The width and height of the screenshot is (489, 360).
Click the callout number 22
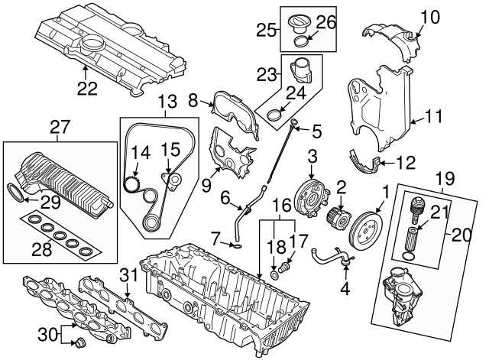87,89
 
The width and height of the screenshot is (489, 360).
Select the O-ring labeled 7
238,246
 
